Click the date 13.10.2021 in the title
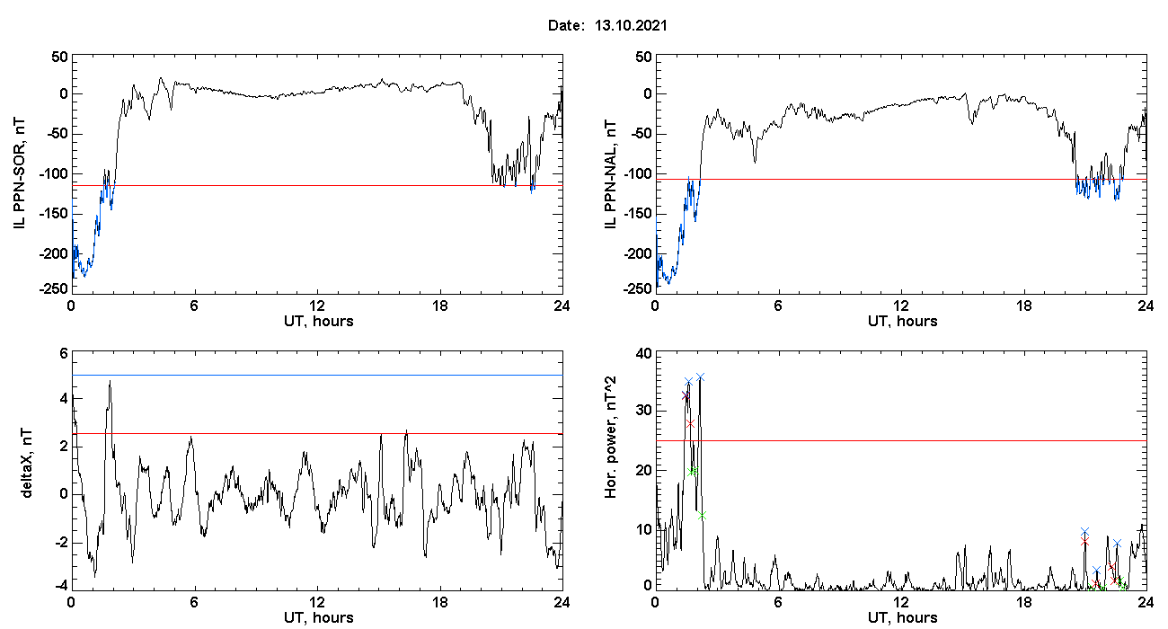click(x=631, y=25)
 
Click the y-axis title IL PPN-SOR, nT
click(x=20, y=174)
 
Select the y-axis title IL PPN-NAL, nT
click(x=610, y=174)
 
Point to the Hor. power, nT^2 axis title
click(x=610, y=437)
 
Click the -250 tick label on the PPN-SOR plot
click(x=54, y=288)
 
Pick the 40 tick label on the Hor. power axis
click(x=644, y=354)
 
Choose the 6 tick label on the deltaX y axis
click(x=64, y=354)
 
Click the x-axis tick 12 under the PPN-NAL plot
click(x=900, y=306)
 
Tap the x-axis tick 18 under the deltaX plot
click(x=439, y=602)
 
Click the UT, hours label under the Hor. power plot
click(x=903, y=618)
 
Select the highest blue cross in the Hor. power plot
click(x=700, y=377)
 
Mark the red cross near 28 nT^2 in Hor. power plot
click(x=690, y=423)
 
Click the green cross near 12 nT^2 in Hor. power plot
click(x=702, y=515)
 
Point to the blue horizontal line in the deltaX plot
click(x=317, y=375)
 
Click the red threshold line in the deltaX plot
click(x=317, y=433)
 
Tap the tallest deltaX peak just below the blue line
click(x=110, y=381)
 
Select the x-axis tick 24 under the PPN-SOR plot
click(x=562, y=306)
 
